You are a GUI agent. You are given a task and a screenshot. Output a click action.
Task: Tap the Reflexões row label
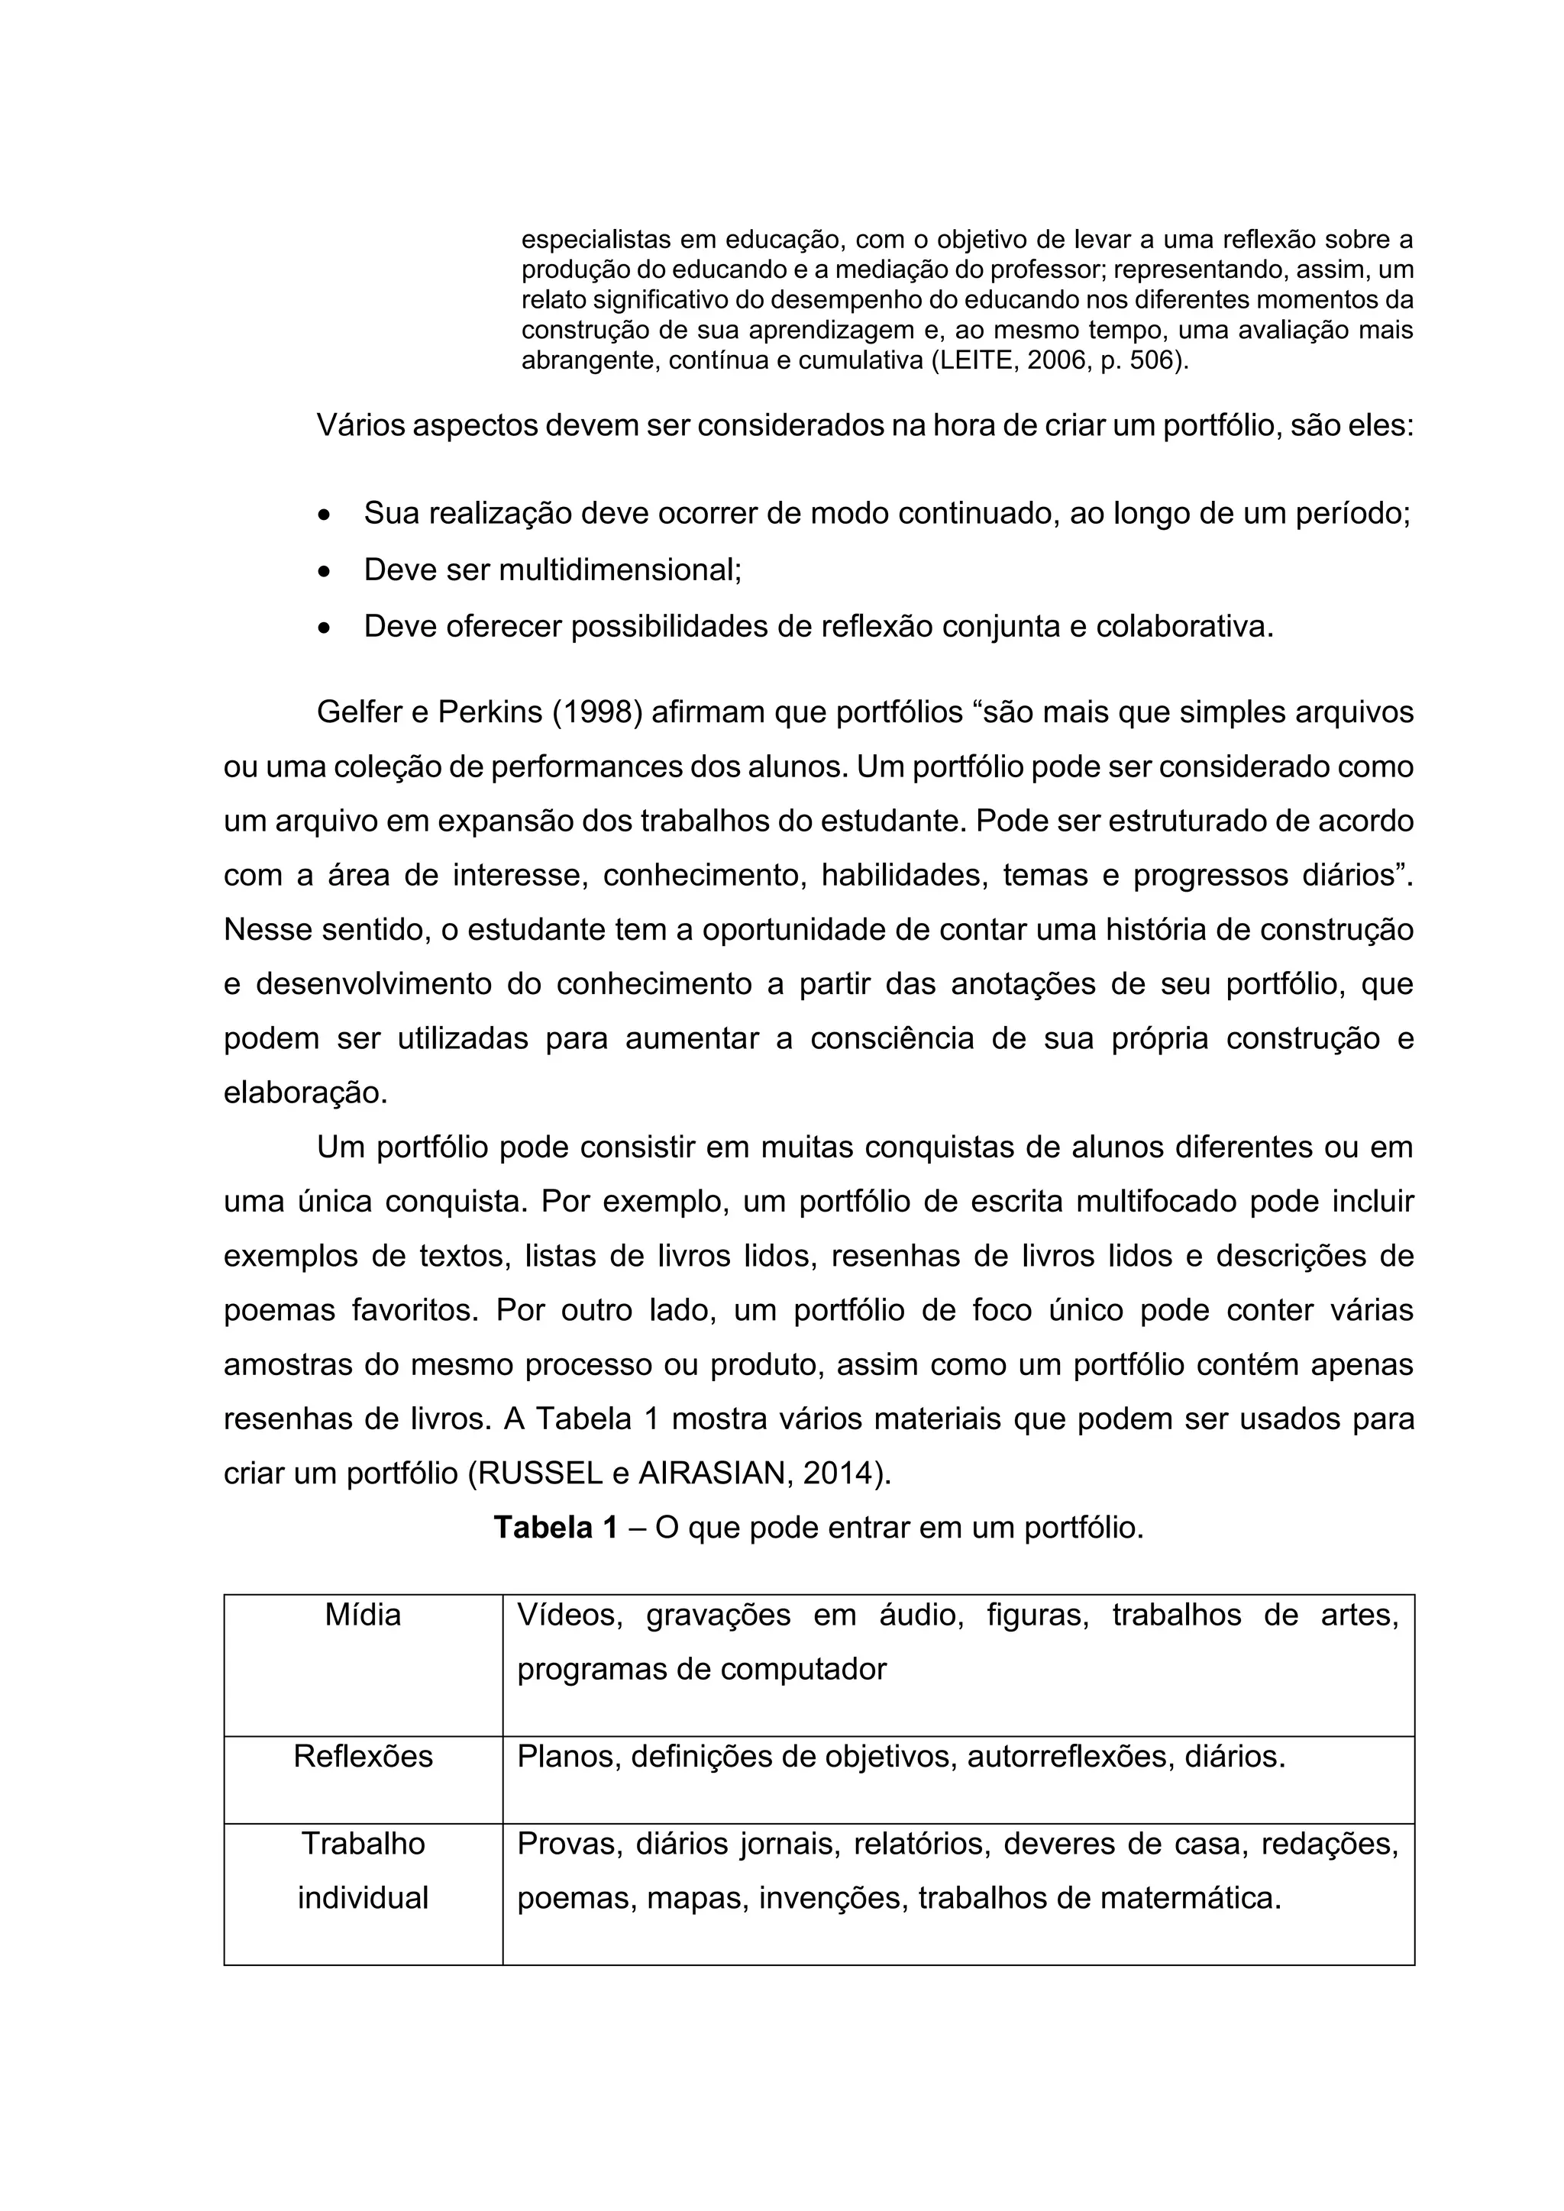(362, 1757)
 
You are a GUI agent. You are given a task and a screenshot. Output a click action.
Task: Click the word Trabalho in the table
(362, 1843)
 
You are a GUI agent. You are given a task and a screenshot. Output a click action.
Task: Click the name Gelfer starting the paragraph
(360, 712)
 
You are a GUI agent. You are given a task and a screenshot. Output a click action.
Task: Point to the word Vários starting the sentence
(360, 426)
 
